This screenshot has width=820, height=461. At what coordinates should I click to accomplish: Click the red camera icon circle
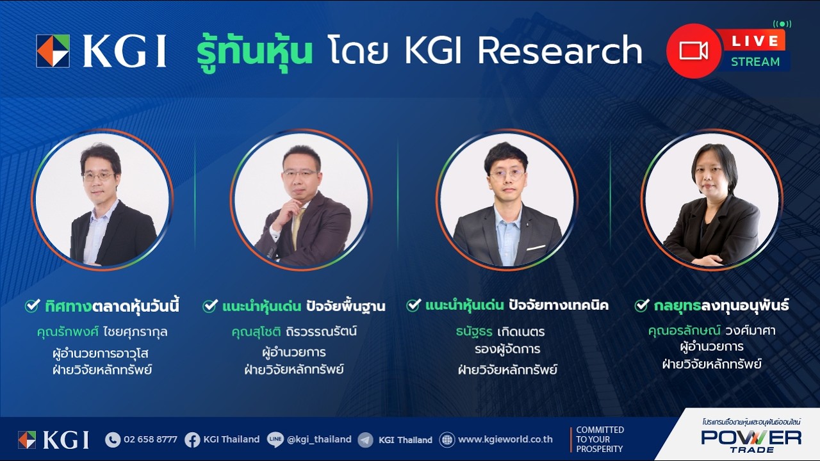pyautogui.click(x=694, y=51)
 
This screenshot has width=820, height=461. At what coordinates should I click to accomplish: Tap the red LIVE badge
pyautogui.click(x=755, y=41)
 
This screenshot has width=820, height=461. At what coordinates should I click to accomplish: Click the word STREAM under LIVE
pyautogui.click(x=755, y=62)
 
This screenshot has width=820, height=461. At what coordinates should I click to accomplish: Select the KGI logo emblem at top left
pyautogui.click(x=53, y=51)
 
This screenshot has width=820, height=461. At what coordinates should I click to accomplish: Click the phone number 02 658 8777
pyautogui.click(x=150, y=439)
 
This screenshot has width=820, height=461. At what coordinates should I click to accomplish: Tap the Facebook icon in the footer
pyautogui.click(x=192, y=440)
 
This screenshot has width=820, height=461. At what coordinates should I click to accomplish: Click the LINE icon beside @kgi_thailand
pyautogui.click(x=275, y=440)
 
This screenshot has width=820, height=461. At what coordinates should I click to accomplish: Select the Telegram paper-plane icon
pyautogui.click(x=365, y=440)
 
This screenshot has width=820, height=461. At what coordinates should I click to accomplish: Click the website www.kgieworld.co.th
pyautogui.click(x=505, y=439)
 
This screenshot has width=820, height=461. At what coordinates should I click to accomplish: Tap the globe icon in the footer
pyautogui.click(x=447, y=440)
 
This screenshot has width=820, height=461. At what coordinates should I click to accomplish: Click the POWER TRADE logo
pyautogui.click(x=751, y=439)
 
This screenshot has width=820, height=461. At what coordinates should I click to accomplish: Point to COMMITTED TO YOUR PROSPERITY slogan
pyautogui.click(x=600, y=439)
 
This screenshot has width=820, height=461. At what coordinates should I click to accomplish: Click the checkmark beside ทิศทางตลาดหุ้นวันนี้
pyautogui.click(x=33, y=306)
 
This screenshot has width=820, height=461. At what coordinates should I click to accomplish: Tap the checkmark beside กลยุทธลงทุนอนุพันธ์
pyautogui.click(x=642, y=305)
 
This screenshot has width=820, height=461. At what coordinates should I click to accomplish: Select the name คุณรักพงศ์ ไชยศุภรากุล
pyautogui.click(x=102, y=332)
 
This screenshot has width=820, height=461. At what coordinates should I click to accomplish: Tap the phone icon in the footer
pyautogui.click(x=113, y=440)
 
